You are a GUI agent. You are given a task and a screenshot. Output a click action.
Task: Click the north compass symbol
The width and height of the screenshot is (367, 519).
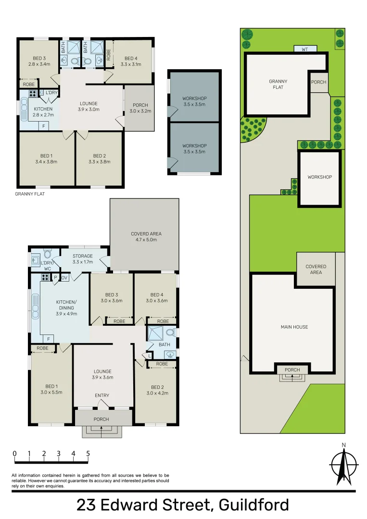tap(343, 465)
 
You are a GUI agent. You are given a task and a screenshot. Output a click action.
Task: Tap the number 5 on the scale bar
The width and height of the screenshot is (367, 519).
tap(88, 453)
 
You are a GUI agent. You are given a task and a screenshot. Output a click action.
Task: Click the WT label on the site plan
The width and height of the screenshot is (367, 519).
tap(305, 49)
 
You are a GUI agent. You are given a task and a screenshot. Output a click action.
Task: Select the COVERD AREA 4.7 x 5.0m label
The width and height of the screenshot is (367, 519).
tap(146, 236)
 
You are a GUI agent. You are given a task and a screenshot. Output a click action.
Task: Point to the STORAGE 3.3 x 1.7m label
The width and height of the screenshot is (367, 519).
tap(83, 259)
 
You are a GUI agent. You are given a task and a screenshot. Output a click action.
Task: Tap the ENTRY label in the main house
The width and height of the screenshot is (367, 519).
tap(102, 395)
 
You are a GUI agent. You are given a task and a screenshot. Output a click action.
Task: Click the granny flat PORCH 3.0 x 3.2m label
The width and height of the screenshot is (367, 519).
tap(140, 108)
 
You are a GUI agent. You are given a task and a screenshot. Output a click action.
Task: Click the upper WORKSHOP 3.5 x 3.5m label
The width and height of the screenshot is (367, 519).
tap(194, 101)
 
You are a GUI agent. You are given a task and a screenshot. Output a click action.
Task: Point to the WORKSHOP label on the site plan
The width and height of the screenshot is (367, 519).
tap(320, 177)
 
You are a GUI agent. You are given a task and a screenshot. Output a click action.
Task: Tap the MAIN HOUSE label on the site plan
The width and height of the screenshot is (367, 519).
tap(294, 327)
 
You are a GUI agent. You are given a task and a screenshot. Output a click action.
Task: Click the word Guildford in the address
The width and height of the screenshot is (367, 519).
tap(253, 505)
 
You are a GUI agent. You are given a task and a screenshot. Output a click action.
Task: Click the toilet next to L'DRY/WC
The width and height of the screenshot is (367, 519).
tap(47, 254)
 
